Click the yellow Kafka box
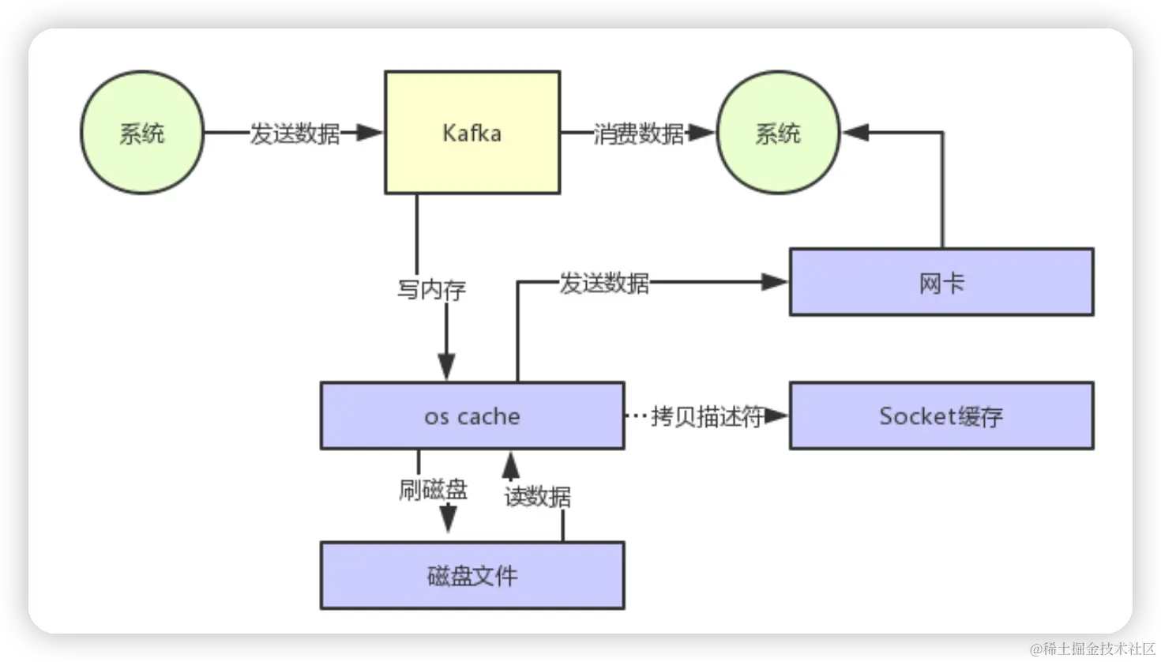(x=472, y=133)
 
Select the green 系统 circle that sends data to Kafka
(x=142, y=133)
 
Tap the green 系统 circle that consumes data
(x=777, y=133)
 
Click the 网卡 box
(x=941, y=282)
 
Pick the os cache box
(x=472, y=416)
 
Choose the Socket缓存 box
(x=941, y=416)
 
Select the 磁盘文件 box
(x=472, y=575)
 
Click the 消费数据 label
(x=638, y=134)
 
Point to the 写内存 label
(x=431, y=289)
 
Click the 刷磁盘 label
(x=433, y=490)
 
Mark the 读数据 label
(x=537, y=496)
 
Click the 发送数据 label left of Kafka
(x=295, y=134)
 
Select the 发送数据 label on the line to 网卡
(x=604, y=282)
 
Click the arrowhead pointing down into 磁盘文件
(x=448, y=519)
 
